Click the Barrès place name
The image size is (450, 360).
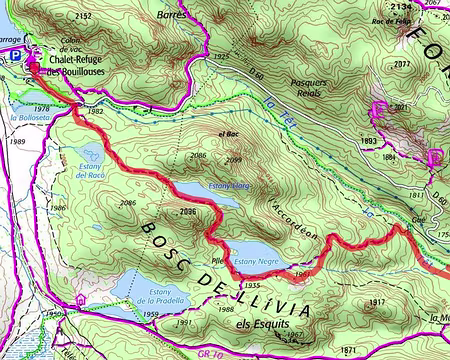tap(172, 16)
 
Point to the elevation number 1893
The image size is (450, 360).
tap(369, 141)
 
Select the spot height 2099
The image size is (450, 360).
tap(234, 159)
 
